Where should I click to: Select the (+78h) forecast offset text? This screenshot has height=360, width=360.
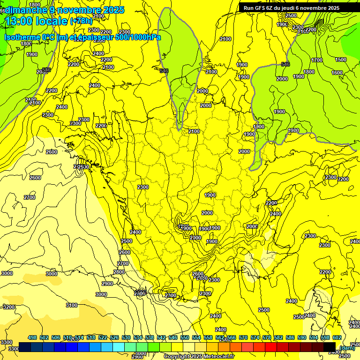coord(82,21)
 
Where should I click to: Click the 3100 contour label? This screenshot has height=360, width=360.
coord(71,305)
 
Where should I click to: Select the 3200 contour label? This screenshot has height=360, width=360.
coord(9,307)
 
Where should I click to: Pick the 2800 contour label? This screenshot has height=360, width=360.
coord(119,272)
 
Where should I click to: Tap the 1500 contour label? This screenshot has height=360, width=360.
coord(341,60)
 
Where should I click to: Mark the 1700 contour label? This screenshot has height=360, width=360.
coord(317,60)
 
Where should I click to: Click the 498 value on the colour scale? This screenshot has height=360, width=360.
coord(32,337)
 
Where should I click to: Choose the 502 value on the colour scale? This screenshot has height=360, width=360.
coord(44,337)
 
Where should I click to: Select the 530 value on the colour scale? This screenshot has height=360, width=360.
coord(126,337)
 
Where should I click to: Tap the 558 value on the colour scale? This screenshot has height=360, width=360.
coord(208,337)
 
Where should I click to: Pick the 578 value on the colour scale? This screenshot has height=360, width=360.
coord(267,337)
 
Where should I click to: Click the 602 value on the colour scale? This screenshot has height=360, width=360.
coord(337,337)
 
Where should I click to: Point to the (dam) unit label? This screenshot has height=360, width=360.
coord(346,347)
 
